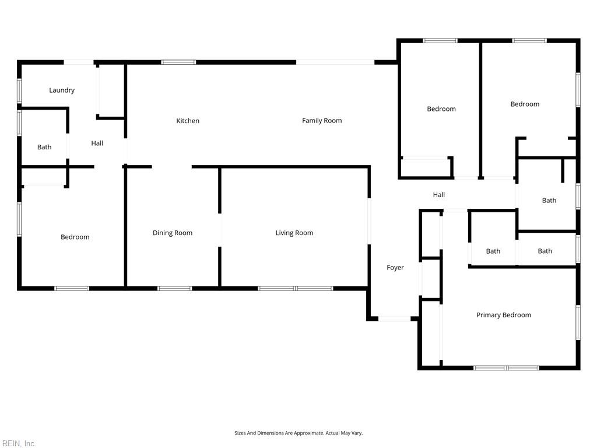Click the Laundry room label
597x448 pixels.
coord(62,90)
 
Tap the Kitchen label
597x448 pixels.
coord(188,121)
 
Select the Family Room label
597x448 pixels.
coord(322,120)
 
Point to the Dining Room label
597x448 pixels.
coord(173,233)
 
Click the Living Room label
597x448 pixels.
coord(294,233)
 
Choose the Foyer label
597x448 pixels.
coord(395,267)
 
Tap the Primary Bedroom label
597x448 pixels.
coord(504,315)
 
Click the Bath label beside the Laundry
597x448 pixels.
coord(44,147)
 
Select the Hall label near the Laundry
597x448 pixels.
coord(97,143)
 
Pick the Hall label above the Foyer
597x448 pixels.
coord(438,195)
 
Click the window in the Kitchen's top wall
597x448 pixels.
coord(178,62)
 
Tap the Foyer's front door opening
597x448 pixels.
coord(395,318)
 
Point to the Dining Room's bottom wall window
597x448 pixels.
coord(175,288)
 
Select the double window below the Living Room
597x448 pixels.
coord(296,288)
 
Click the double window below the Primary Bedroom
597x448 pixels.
coord(506,367)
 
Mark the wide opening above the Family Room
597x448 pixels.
coord(335,62)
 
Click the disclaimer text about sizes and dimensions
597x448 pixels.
coord(298,433)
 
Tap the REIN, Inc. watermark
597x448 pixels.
coord(18,443)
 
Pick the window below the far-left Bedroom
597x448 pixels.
coord(72,288)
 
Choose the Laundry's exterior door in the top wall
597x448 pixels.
coord(79,62)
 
